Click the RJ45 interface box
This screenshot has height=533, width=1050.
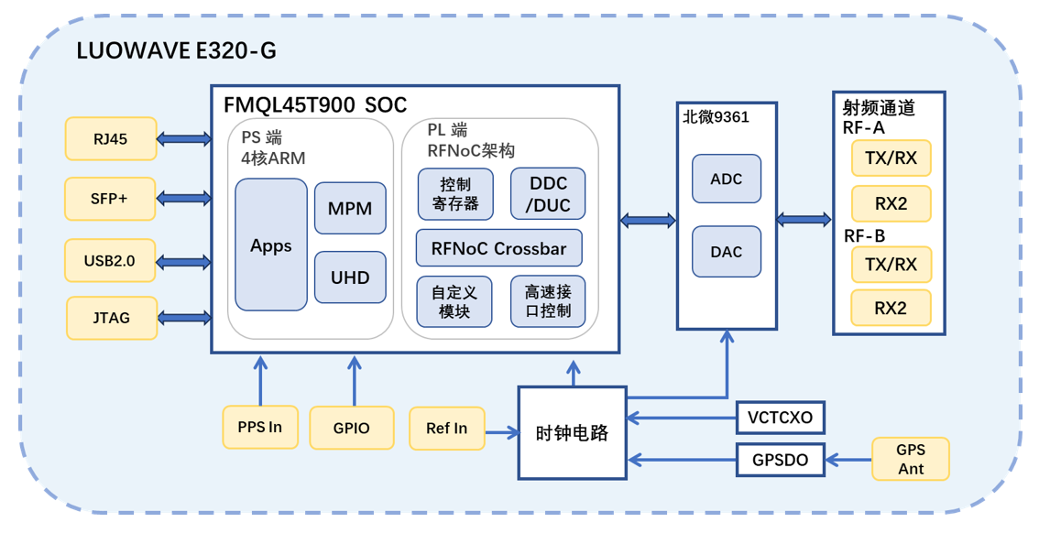pyautogui.click(x=111, y=138)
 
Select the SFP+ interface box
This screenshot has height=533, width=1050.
pyautogui.click(x=110, y=199)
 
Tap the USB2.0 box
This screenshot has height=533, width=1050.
pyautogui.click(x=110, y=260)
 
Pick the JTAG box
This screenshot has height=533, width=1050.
pyautogui.click(x=111, y=318)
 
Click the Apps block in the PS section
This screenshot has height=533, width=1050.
pyautogui.click(x=271, y=245)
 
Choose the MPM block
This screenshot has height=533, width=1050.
pyautogui.click(x=350, y=208)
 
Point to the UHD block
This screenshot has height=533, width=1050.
pyautogui.click(x=350, y=276)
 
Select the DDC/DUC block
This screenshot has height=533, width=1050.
pyautogui.click(x=548, y=194)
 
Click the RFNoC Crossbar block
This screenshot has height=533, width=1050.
pyautogui.click(x=499, y=248)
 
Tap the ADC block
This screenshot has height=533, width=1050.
pyautogui.click(x=727, y=179)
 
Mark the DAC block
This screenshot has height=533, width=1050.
pyautogui.click(x=727, y=251)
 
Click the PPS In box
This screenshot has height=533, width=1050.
pyautogui.click(x=260, y=427)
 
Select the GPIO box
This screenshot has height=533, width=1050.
pyautogui.click(x=352, y=428)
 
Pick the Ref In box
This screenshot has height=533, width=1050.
pyautogui.click(x=447, y=428)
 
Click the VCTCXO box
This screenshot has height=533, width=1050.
pyautogui.click(x=781, y=418)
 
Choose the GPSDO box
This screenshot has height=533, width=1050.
pyautogui.click(x=781, y=460)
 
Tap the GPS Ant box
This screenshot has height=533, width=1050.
pyautogui.click(x=911, y=459)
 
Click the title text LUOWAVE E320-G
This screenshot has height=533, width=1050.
pyautogui.click(x=177, y=51)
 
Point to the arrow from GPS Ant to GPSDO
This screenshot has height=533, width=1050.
pyautogui.click(x=848, y=460)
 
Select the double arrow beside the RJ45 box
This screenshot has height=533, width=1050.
pyautogui.click(x=183, y=139)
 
